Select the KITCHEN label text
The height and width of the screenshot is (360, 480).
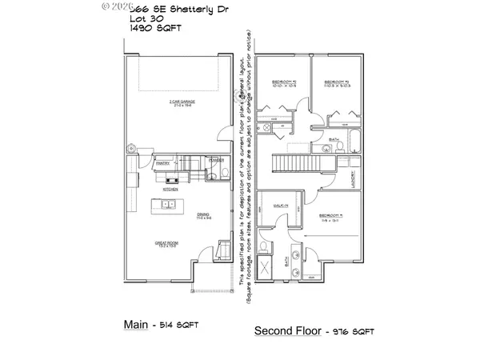tap(170, 190)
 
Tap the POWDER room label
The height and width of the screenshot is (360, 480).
tap(215, 159)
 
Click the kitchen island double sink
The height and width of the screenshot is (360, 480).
tap(170, 205)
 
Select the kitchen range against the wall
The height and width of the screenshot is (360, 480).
tap(170, 181)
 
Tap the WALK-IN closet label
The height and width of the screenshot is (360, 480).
tap(280, 206)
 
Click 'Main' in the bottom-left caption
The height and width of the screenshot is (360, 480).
tap(136, 325)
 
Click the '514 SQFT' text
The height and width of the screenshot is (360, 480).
tap(179, 326)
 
